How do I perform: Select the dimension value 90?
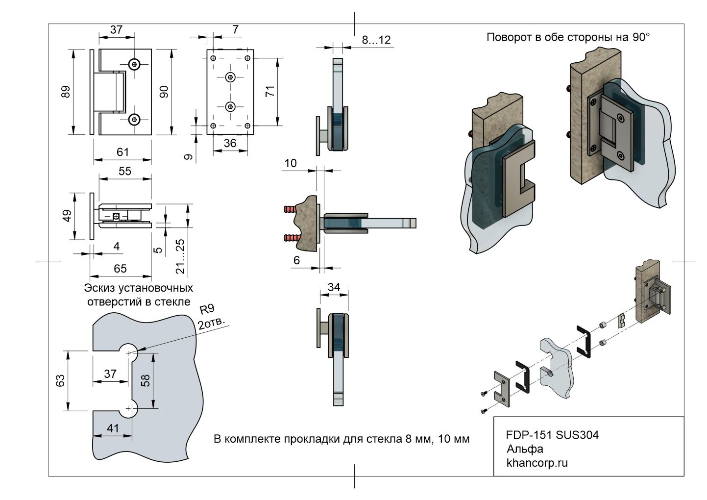[x=164, y=92]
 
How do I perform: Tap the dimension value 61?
[x=122, y=152]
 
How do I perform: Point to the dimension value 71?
[x=269, y=92]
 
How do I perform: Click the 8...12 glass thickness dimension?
[x=376, y=40]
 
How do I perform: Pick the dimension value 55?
[x=125, y=171]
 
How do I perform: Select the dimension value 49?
[x=67, y=216]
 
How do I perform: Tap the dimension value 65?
[x=120, y=268]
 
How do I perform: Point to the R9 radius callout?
[x=207, y=309]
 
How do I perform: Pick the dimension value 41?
[x=113, y=428]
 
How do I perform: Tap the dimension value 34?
[x=334, y=287]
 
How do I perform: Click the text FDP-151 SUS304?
[x=552, y=435]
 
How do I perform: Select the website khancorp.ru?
[x=537, y=463]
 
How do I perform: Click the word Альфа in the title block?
[x=525, y=449]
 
